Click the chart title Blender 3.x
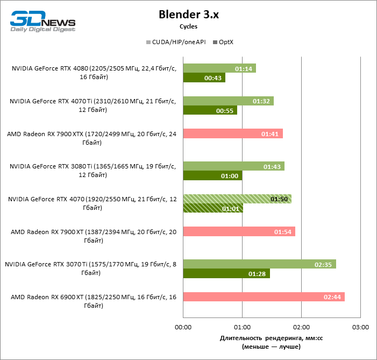pyautogui.click(x=188, y=15)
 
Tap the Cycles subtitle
pyautogui.click(x=188, y=26)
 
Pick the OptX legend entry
pyautogui.click(x=226, y=42)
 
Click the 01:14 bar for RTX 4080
pyautogui.click(x=219, y=68)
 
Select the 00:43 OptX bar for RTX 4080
pyautogui.click(x=204, y=78)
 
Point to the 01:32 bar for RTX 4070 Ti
pyautogui.click(x=228, y=101)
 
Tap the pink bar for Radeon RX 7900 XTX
pyautogui.click(x=233, y=133)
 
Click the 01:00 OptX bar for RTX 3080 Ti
pyautogui.click(x=212, y=175)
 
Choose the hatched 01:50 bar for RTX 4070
pyautogui.click(x=237, y=199)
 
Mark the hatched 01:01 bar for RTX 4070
pyautogui.click(x=213, y=208)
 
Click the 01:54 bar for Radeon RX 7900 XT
pyautogui.click(x=239, y=231)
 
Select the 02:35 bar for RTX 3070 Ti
pyautogui.click(x=259, y=264)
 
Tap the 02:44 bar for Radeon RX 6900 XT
pyautogui.click(x=264, y=297)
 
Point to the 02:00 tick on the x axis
pyautogui.click(x=301, y=327)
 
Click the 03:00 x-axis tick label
pyautogui.click(x=360, y=327)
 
